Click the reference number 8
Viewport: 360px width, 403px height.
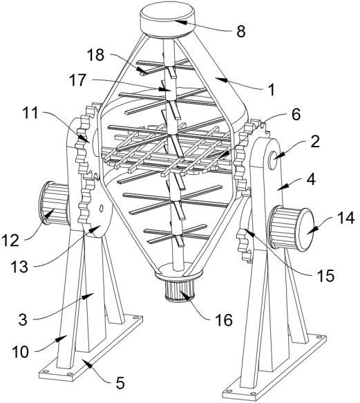pyautogui.click(x=240, y=32)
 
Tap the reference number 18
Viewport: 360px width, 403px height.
pyautogui.click(x=95, y=55)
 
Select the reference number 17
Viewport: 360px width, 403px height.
pyautogui.click(x=77, y=80)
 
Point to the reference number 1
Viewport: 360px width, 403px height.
pyautogui.click(x=271, y=90)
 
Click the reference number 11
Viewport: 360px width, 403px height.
pyautogui.click(x=30, y=113)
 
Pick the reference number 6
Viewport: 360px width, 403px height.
pyautogui.click(x=296, y=114)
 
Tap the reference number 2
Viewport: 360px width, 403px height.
pyautogui.click(x=315, y=141)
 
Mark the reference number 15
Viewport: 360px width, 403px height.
pyautogui.click(x=325, y=276)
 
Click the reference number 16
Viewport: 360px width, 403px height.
pyautogui.click(x=224, y=320)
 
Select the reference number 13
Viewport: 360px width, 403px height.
pyautogui.click(x=19, y=267)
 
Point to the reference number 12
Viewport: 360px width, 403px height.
pyautogui.click(x=10, y=241)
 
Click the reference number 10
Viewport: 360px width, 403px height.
pyautogui.click(x=21, y=352)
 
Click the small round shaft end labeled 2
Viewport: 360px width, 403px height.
pyautogui.click(x=273, y=157)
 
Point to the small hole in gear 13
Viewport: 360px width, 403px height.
pyautogui.click(x=102, y=208)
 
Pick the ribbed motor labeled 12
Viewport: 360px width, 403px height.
pyautogui.click(x=53, y=203)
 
